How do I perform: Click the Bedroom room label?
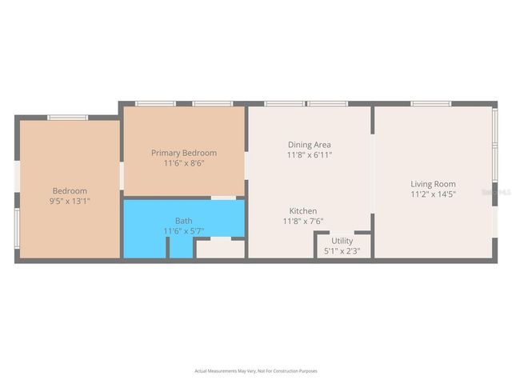click(x=70, y=190)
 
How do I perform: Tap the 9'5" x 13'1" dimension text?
click(x=70, y=202)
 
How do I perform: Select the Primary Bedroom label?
click(x=184, y=153)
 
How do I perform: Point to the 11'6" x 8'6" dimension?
click(x=184, y=163)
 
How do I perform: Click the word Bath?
click(x=183, y=221)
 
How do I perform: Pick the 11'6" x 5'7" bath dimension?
click(x=183, y=231)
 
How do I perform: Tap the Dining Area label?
click(x=310, y=145)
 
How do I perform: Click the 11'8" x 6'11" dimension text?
click(x=310, y=155)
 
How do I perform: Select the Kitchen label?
click(x=302, y=211)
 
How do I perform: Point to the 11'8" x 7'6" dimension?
click(x=302, y=222)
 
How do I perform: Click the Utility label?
click(x=342, y=241)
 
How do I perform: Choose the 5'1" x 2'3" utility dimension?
click(x=342, y=251)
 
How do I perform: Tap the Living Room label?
click(x=433, y=183)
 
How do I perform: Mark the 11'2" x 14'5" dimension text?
click(x=433, y=194)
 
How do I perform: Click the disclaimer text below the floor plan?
click(x=256, y=371)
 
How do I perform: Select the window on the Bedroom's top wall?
click(x=67, y=118)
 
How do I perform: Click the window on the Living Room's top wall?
click(x=433, y=104)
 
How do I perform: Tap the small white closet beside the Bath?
click(x=220, y=249)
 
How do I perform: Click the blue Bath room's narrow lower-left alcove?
click(x=145, y=246)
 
